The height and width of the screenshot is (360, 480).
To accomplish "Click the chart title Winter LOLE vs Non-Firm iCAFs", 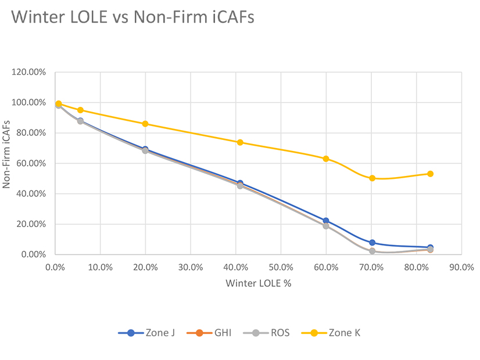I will (x=132, y=17).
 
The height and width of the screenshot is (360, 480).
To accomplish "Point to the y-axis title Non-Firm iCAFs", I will (x=8, y=163).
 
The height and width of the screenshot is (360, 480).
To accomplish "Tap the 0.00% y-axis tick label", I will (x=34, y=255).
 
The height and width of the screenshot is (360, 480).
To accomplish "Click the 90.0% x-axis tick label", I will (x=461, y=268).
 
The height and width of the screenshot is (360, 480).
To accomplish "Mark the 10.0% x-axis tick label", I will (x=100, y=268).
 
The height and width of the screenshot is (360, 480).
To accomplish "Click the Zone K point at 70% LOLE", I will (x=372, y=178).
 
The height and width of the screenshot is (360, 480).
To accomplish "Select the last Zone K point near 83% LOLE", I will (x=431, y=174).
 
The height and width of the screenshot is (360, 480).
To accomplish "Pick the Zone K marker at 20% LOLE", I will (x=145, y=124).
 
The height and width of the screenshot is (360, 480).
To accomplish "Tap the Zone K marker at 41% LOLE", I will (x=240, y=142).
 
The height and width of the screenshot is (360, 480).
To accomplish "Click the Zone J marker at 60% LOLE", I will (x=326, y=221).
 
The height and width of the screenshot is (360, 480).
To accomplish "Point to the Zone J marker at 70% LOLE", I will (x=372, y=243).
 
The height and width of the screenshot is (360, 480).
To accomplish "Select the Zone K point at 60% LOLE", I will (x=326, y=159).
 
